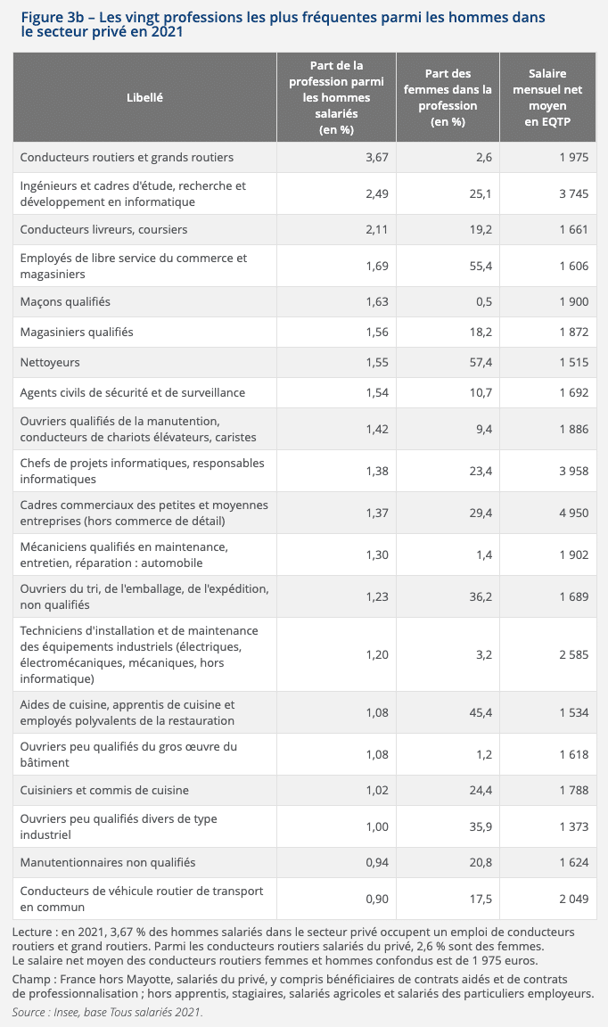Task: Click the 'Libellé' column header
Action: point(144,98)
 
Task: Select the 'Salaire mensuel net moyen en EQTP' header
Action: point(547,97)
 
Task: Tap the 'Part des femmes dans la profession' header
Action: point(448,97)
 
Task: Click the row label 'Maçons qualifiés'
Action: point(65,302)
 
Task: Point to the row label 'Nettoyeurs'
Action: point(50,363)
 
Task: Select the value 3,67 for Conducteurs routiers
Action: point(376,158)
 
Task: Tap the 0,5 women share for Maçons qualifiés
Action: point(483,302)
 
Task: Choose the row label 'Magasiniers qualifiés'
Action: point(77,333)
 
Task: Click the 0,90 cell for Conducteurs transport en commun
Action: point(376,899)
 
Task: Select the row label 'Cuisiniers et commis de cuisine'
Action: point(104,791)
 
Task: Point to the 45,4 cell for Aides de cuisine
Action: point(477,712)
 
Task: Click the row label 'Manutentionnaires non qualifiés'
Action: point(108,863)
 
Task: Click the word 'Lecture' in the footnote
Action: point(33,932)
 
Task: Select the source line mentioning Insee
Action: point(107,1012)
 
